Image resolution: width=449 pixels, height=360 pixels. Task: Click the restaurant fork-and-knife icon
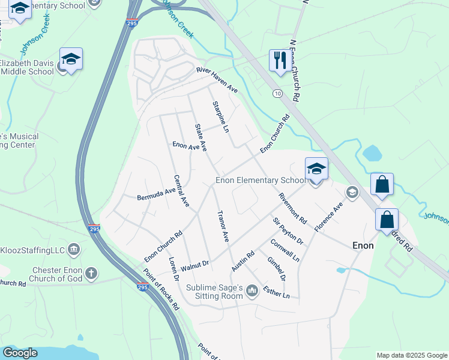(279, 61)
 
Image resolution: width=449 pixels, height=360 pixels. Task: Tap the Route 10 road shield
(277, 94)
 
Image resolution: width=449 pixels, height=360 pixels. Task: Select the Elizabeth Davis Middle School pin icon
(71, 59)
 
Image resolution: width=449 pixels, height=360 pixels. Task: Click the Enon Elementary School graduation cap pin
(316, 169)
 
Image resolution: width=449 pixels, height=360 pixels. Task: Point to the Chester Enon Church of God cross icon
(91, 274)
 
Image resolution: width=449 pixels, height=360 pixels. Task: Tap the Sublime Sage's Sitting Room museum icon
(252, 291)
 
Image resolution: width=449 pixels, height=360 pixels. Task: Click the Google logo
(20, 353)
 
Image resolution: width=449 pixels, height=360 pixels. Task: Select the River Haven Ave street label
(217, 80)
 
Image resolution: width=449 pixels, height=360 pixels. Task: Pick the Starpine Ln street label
(221, 117)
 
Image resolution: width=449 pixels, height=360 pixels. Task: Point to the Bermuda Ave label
(156, 194)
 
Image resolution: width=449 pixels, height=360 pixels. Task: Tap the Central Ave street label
(181, 191)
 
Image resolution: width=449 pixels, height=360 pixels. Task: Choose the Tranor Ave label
(222, 226)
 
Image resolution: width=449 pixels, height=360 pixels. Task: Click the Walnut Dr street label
(194, 263)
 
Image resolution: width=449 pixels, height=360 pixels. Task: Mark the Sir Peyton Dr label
(288, 231)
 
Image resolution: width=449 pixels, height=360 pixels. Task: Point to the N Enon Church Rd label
(294, 71)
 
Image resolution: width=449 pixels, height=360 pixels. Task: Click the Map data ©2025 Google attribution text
(411, 355)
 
